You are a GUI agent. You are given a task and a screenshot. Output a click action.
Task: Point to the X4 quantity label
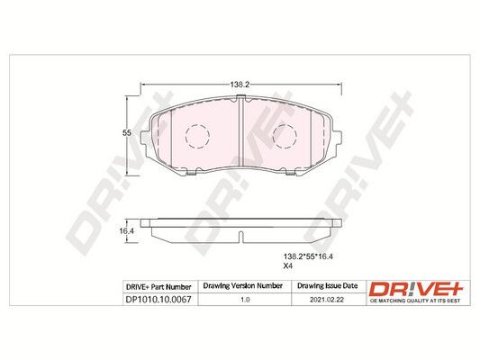(288, 267)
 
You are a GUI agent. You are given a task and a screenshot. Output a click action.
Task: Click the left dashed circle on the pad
(195, 138)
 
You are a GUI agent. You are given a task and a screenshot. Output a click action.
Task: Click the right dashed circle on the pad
(284, 138)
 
